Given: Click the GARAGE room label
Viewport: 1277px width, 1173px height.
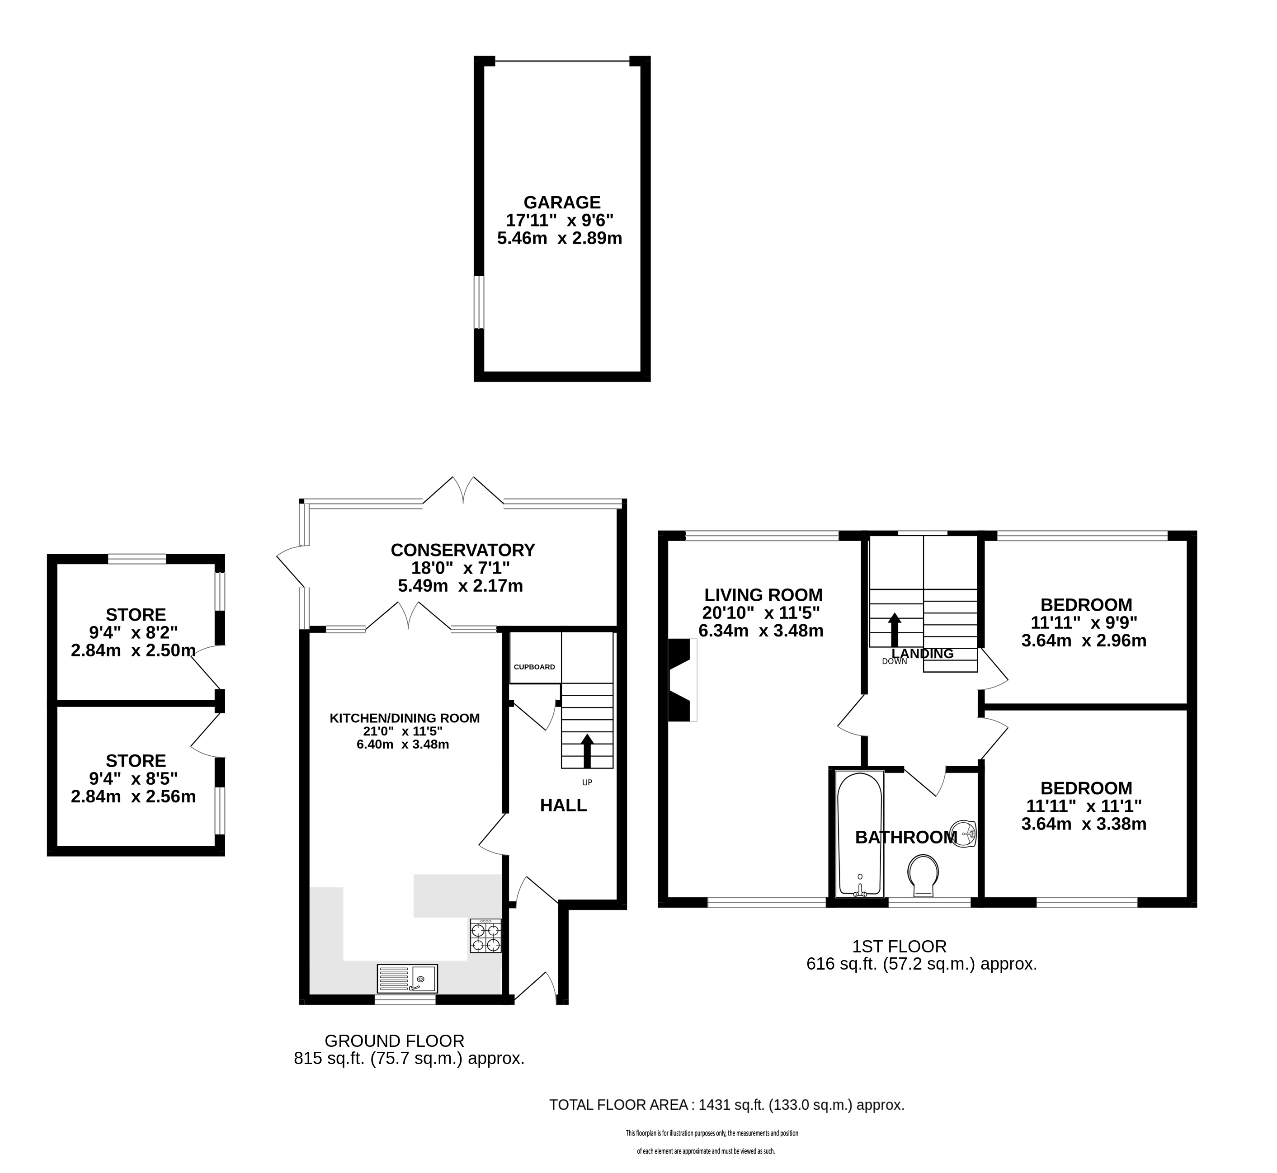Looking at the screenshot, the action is pyautogui.click(x=562, y=203).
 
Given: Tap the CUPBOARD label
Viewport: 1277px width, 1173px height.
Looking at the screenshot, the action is pyautogui.click(x=534, y=667).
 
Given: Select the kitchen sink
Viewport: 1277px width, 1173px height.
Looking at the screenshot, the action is pyautogui.click(x=407, y=979).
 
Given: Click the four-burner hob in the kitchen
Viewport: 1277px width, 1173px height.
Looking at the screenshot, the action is pyautogui.click(x=485, y=936).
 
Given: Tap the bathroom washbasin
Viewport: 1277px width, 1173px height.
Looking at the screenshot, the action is pyautogui.click(x=964, y=834).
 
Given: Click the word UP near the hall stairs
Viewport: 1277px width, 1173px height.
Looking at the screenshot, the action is pyautogui.click(x=587, y=782).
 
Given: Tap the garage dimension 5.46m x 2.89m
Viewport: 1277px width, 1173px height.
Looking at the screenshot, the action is pyautogui.click(x=560, y=239).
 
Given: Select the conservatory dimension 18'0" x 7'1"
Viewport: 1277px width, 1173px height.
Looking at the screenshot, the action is pyautogui.click(x=461, y=567).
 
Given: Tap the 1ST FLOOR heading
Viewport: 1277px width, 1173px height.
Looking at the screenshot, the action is pyautogui.click(x=900, y=947).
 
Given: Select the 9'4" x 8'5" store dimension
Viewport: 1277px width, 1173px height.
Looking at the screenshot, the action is pyautogui.click(x=133, y=778).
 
